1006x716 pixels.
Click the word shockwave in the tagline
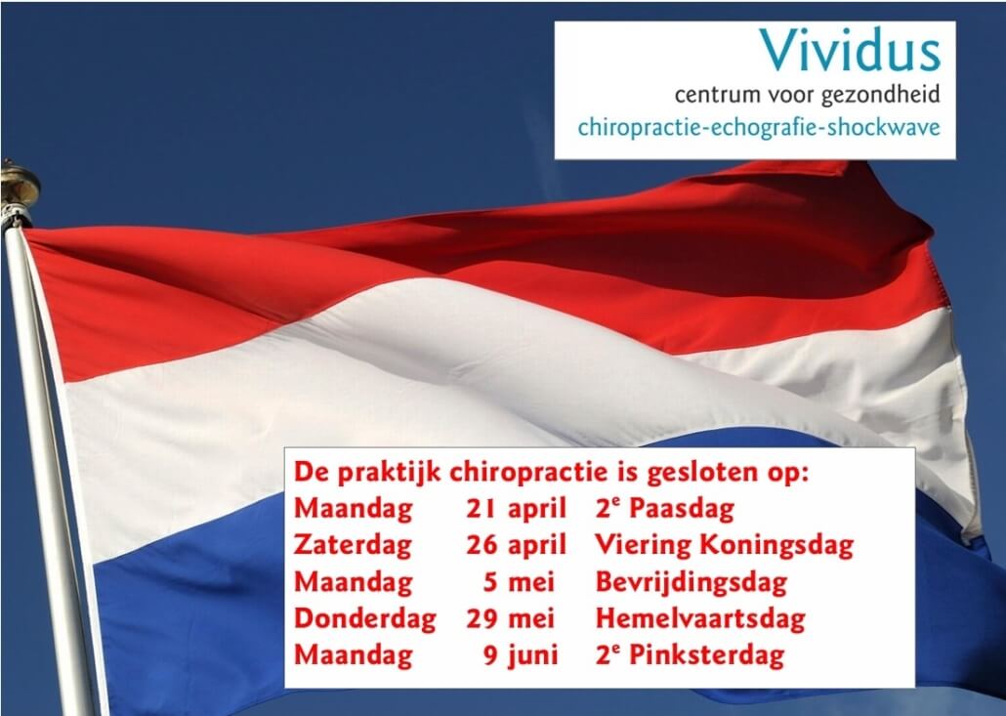[884, 127]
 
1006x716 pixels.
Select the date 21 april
[516, 509]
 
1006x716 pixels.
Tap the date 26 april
[516, 545]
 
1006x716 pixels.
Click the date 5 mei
[519, 582]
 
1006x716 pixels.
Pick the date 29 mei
[510, 618]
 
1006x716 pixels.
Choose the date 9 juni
[521, 655]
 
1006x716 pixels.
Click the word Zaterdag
[353, 546]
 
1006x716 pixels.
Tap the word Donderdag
[364, 618]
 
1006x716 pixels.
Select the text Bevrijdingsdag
[691, 582]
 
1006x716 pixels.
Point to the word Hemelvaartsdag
[700, 618]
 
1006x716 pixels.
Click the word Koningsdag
[776, 546]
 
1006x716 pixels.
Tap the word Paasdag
[682, 509]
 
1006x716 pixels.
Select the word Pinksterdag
[706, 655]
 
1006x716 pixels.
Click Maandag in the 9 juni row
[353, 655]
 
